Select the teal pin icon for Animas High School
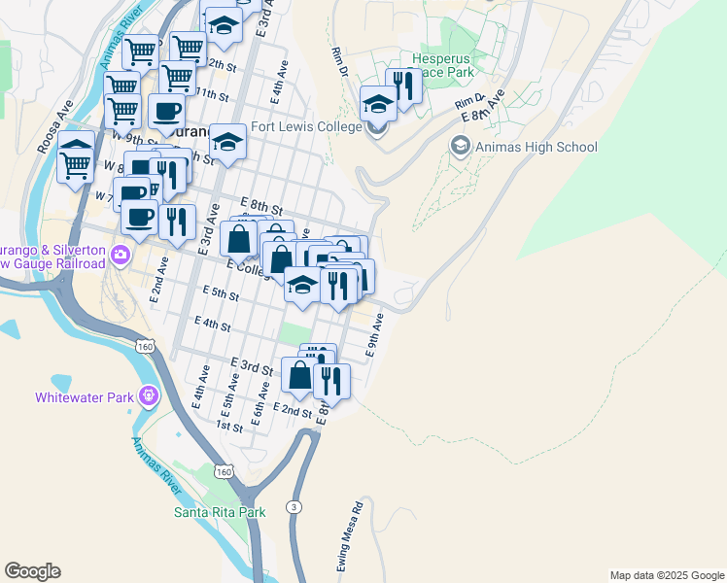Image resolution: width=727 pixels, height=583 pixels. click(x=460, y=147)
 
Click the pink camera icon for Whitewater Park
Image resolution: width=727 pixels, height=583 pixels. click(x=148, y=396)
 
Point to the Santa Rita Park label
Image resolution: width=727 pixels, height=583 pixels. click(x=220, y=511)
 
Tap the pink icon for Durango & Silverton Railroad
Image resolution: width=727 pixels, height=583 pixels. click(x=121, y=256)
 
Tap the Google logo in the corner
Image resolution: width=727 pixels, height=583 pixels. click(x=32, y=571)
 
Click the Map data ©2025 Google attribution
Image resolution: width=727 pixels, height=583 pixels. click(x=666, y=575)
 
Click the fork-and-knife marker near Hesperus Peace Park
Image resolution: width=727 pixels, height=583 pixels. click(x=402, y=87)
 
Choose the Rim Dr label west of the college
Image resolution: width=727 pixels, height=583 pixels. click(x=340, y=60)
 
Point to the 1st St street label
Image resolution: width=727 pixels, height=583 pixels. click(x=229, y=426)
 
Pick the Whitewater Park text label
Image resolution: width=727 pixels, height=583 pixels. click(x=84, y=396)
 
